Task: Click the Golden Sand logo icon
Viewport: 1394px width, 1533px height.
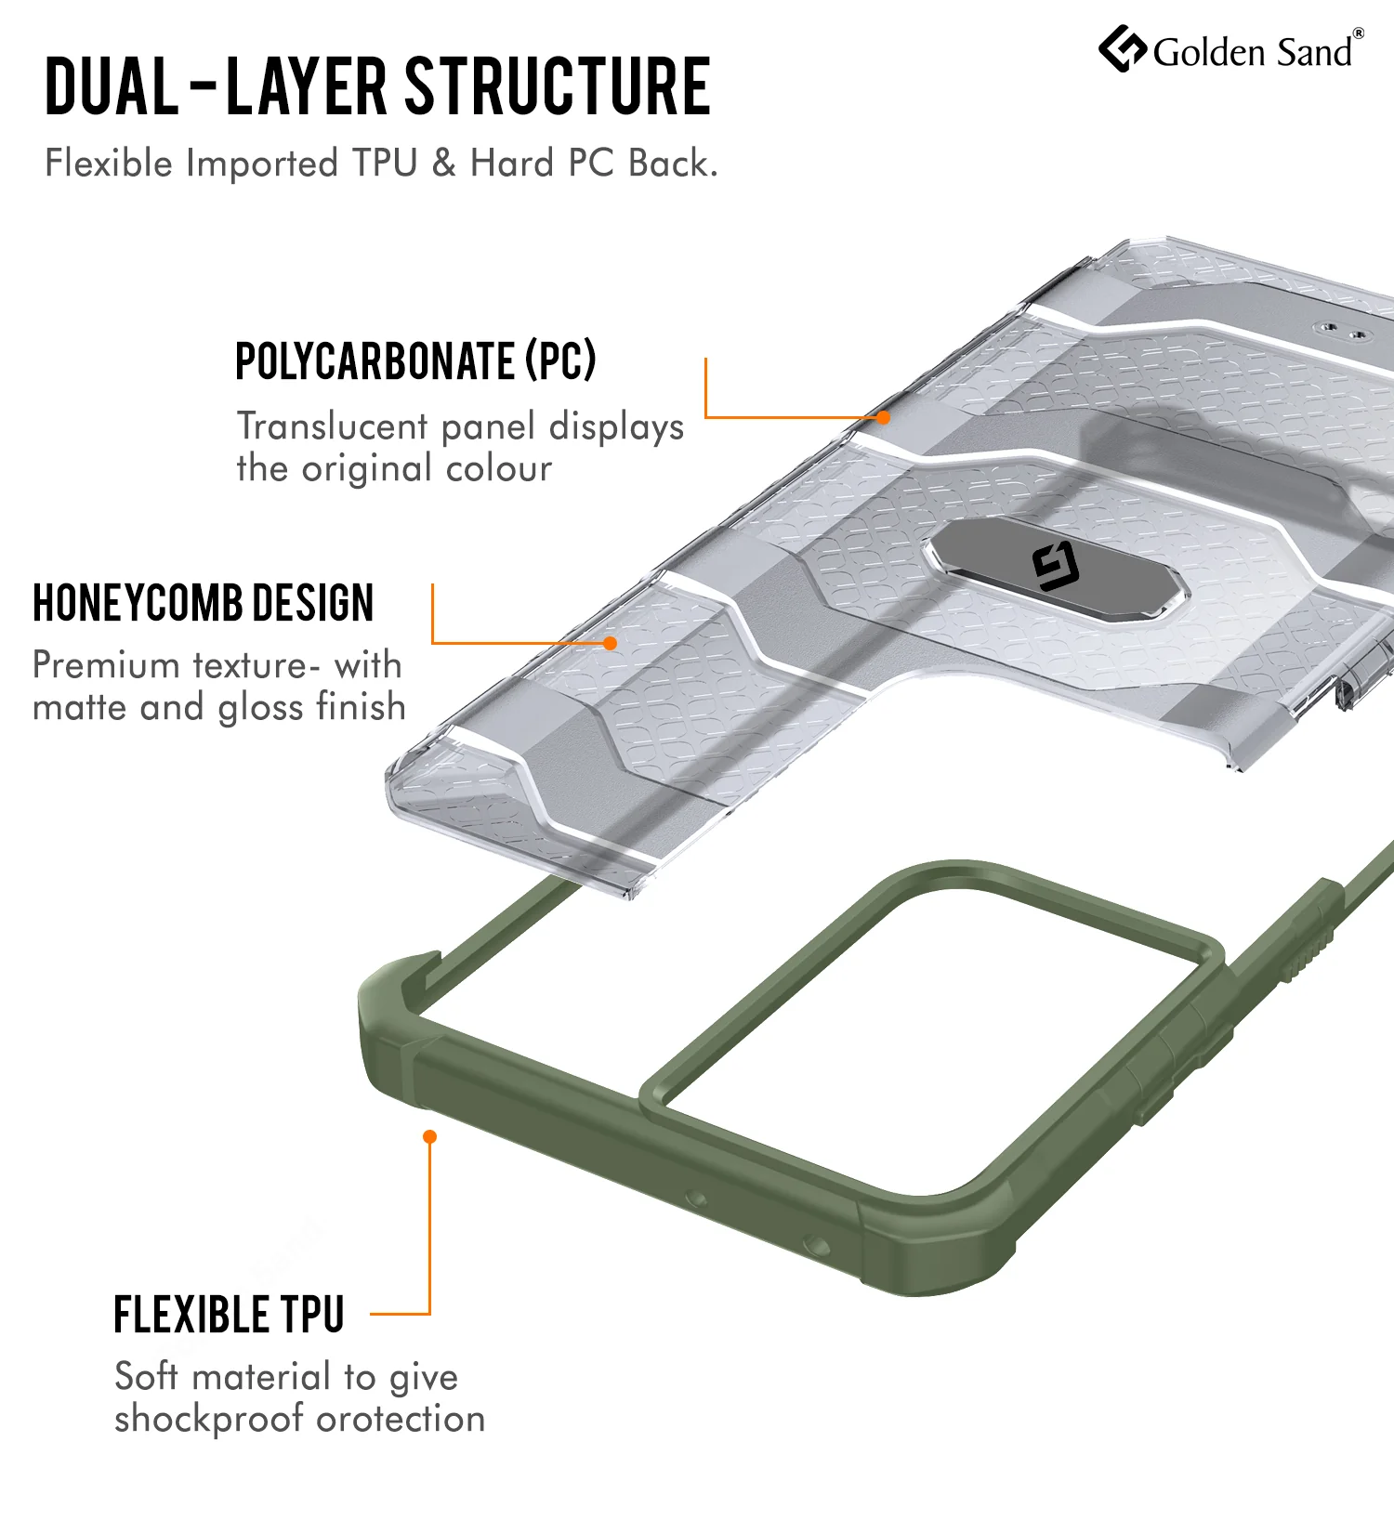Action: point(1123,49)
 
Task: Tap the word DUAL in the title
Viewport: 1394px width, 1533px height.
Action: point(112,86)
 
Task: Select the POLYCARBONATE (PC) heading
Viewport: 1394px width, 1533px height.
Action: point(415,360)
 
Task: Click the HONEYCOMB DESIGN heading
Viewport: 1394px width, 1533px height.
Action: point(204,603)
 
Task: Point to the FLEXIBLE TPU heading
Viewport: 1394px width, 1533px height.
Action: point(230,1315)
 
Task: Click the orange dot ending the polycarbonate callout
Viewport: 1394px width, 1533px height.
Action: point(884,418)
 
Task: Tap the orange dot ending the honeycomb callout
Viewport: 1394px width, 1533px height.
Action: point(611,643)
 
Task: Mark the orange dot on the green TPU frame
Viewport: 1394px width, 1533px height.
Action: point(429,1136)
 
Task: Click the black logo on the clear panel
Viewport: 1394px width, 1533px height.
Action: point(1056,568)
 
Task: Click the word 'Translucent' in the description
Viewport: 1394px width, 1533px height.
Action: point(333,426)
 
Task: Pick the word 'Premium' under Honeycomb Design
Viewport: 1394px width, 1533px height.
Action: point(106,665)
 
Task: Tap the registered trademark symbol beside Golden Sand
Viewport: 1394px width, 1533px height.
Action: point(1359,33)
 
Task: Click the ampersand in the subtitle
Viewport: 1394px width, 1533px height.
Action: point(444,164)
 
